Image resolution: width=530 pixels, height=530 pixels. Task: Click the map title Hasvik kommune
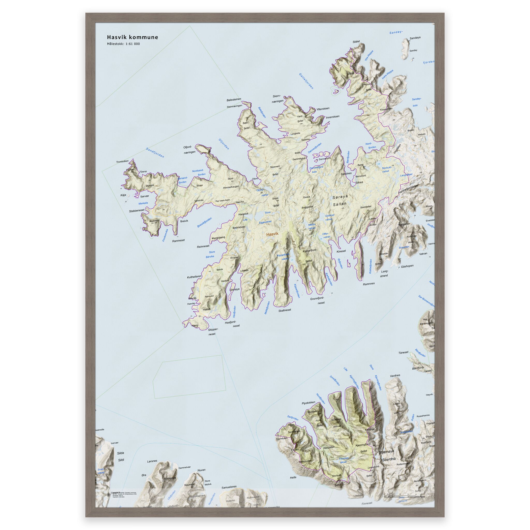pyautogui.click(x=132, y=37)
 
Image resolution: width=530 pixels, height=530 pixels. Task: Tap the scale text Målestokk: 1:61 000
pyautogui.click(x=123, y=44)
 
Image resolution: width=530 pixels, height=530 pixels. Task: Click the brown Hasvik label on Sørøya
pyautogui.click(x=272, y=234)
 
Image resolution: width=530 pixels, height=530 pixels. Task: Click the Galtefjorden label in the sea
pyautogui.click(x=306, y=81)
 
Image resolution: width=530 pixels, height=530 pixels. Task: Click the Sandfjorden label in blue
pyautogui.click(x=155, y=152)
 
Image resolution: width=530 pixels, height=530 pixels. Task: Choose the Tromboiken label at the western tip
pyautogui.click(x=122, y=161)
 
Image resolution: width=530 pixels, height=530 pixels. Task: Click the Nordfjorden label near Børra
pyautogui.click(x=370, y=146)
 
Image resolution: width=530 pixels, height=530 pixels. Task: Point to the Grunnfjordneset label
pyautogui.click(x=317, y=300)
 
